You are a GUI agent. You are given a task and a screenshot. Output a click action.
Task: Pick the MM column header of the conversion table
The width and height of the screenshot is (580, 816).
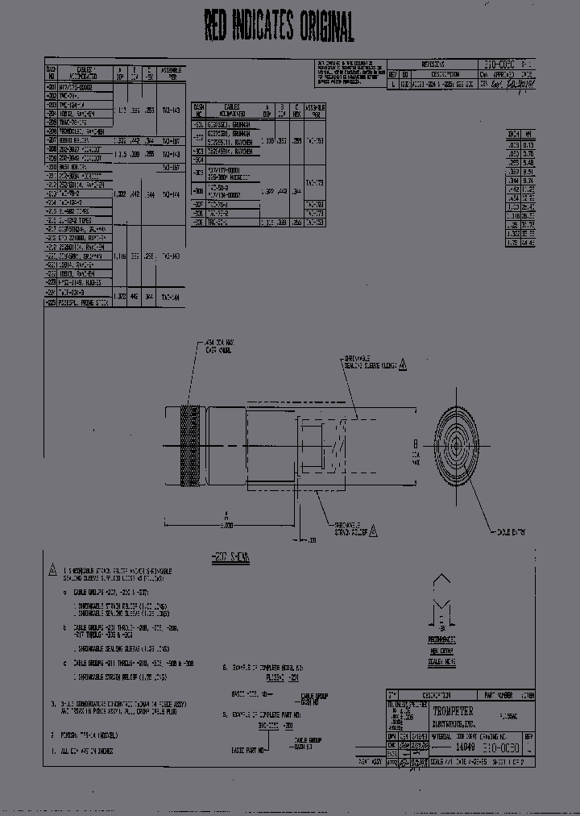(528, 134)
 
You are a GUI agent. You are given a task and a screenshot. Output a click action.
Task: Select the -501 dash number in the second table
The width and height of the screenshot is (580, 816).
(198, 125)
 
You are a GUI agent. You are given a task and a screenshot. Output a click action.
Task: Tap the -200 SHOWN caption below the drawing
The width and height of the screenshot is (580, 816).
(229, 556)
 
